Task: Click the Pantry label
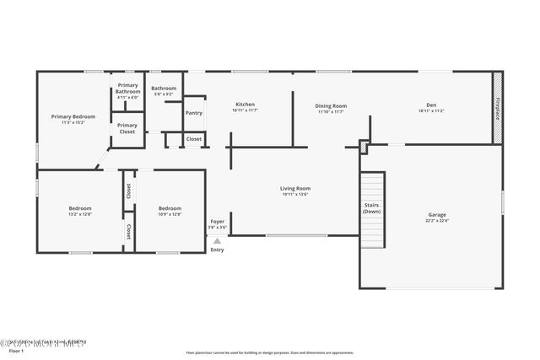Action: click(x=194, y=112)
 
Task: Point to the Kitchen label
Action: click(x=245, y=105)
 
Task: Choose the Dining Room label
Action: click(x=331, y=106)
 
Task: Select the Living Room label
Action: click(x=295, y=189)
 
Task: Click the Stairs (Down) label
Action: click(x=372, y=207)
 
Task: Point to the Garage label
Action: click(x=437, y=215)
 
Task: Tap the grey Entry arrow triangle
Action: click(x=217, y=240)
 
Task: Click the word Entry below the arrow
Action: click(x=217, y=250)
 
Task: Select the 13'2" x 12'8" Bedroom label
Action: click(x=80, y=208)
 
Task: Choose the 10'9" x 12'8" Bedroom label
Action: click(x=170, y=208)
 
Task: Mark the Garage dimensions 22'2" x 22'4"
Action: click(x=437, y=221)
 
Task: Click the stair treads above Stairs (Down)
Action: click(x=372, y=185)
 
